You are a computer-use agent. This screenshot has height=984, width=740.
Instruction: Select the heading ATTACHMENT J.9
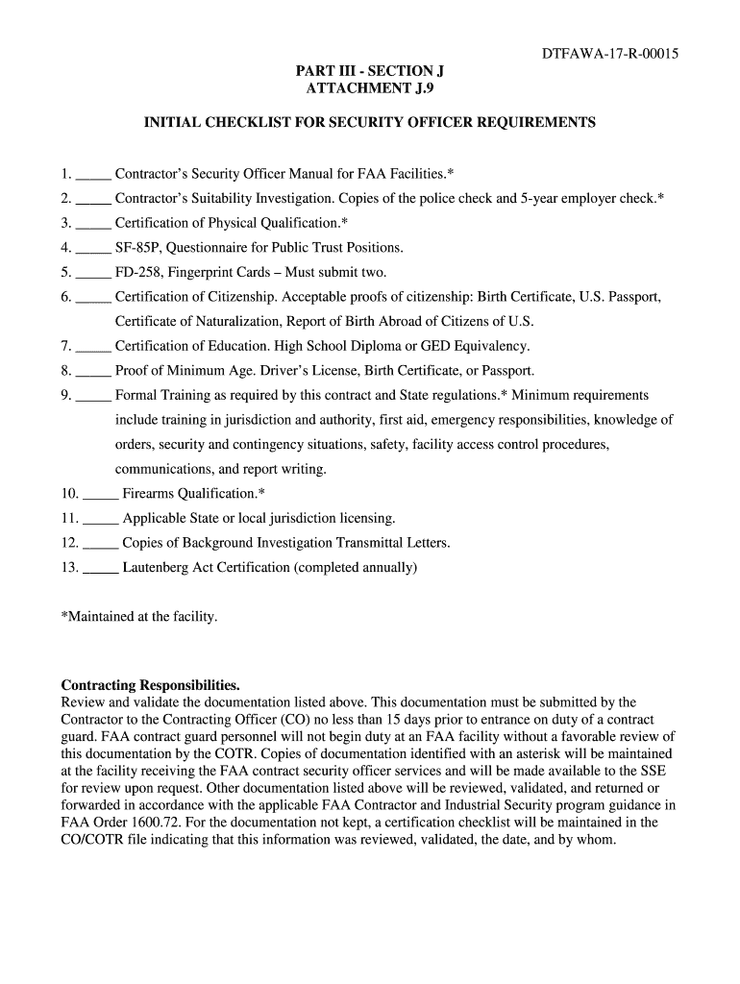pos(370,88)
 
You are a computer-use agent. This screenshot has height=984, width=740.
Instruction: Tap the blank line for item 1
pos(93,176)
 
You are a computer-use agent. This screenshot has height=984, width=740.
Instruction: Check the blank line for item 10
pos(101,495)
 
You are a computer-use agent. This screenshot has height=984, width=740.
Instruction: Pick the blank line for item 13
pos(101,569)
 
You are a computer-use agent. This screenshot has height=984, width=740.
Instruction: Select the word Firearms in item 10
pos(150,494)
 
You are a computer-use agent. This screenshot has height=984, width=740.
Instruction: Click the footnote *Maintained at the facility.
pos(139,616)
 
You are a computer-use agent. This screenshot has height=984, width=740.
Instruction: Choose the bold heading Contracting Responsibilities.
pos(151,685)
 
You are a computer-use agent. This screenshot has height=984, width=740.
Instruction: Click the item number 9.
pos(65,396)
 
